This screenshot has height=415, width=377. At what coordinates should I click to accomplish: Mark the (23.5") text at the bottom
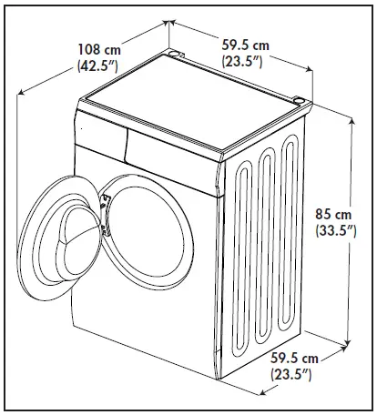(294, 374)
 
